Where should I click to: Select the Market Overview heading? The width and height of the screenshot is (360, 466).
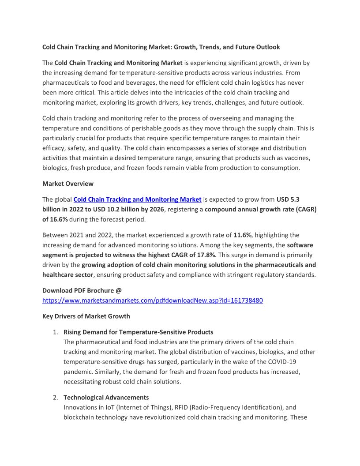68,183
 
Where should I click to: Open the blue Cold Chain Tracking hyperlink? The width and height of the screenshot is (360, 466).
137,199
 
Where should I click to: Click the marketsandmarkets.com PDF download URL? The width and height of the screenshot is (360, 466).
153,301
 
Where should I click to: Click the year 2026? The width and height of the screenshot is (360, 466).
155,209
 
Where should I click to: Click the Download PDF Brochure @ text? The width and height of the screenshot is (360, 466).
82,290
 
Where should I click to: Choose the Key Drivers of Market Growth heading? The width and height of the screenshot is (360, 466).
86,316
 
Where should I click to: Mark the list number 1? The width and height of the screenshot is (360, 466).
55,332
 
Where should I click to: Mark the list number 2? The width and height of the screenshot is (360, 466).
55,398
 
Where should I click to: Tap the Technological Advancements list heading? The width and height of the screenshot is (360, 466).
106,398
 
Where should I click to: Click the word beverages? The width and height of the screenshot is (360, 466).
156,83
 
